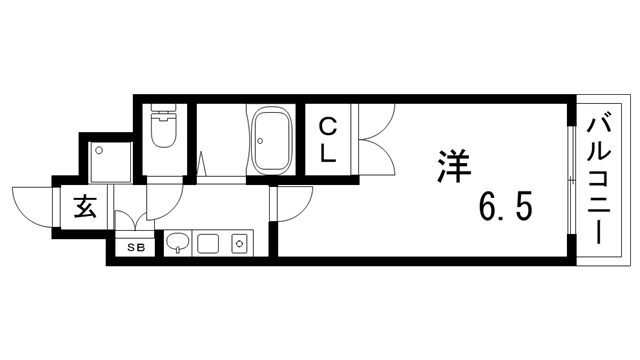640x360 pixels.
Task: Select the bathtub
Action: tap(270, 141)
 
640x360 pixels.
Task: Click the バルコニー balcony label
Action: tap(601, 181)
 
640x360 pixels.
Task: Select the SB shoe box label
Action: tap(132, 245)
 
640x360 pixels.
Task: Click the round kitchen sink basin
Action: tap(176, 242)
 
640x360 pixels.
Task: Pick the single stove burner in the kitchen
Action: tap(240, 242)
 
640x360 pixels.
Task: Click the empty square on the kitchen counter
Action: tap(208, 242)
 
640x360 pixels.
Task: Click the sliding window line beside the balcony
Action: tap(571, 181)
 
